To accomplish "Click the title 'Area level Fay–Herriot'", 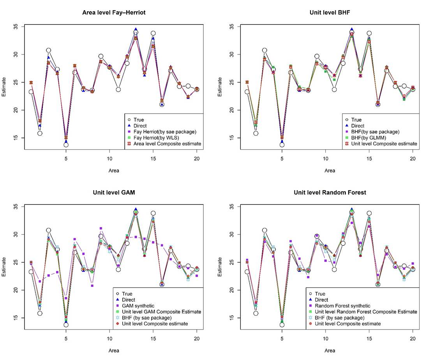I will [x=113, y=12].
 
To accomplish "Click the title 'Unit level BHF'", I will [x=330, y=12].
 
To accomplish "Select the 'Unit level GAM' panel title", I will [x=114, y=192].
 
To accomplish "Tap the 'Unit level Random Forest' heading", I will [x=330, y=192].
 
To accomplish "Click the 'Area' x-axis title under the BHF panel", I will [x=330, y=170].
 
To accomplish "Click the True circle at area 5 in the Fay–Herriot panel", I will [x=66, y=145].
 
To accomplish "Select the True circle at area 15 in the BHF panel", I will [x=369, y=34].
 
